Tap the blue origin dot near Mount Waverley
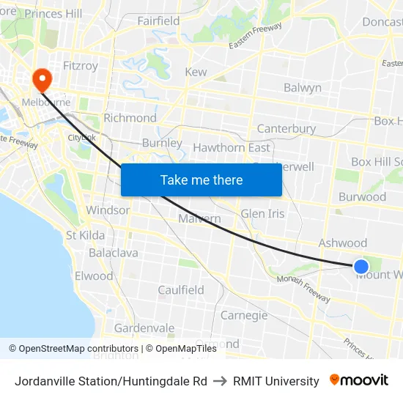361,267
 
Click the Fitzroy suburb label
81,66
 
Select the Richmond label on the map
130,118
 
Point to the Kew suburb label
196,73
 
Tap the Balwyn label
303,88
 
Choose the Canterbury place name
286,129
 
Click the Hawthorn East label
231,147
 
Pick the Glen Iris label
263,213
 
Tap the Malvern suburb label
199,218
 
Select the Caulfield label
181,290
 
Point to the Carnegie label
244,315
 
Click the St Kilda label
86,235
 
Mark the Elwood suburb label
94,276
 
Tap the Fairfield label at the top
158,21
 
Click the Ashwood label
342,243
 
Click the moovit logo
359,380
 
